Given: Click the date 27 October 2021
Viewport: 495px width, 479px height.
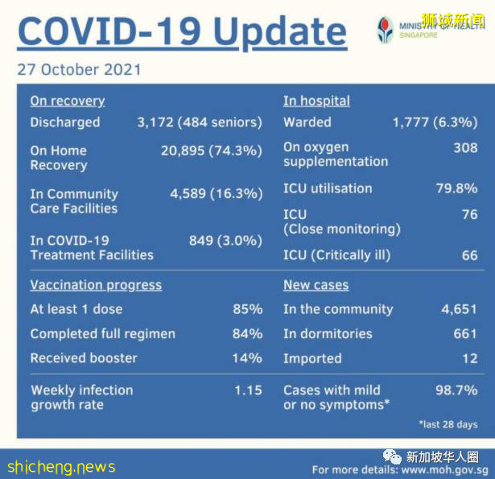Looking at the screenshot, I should [79, 69].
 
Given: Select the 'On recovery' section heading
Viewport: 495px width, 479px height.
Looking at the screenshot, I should [68, 101].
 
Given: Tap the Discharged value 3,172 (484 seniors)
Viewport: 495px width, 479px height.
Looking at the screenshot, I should [200, 122].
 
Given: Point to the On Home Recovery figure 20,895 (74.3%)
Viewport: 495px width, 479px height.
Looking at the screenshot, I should [212, 151].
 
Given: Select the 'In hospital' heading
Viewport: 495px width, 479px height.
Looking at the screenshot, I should [316, 101].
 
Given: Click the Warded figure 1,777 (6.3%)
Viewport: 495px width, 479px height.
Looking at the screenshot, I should [435, 122].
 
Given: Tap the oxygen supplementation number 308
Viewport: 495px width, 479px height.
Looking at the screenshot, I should [465, 147].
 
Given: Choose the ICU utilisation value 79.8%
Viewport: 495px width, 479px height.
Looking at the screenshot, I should [458, 188].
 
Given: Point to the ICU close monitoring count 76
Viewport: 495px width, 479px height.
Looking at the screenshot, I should [469, 214].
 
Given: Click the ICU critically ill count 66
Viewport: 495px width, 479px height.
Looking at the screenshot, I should [469, 255].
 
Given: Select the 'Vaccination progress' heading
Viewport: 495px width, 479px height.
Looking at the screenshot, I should [96, 285].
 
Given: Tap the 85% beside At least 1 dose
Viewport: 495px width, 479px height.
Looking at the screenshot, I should [247, 309].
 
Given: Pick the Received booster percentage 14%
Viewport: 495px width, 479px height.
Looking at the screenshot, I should [247, 357].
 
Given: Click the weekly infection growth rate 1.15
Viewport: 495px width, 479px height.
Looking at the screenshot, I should [248, 390].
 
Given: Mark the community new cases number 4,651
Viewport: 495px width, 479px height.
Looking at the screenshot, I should [459, 309].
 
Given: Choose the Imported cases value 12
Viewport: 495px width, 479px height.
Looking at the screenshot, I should [469, 358].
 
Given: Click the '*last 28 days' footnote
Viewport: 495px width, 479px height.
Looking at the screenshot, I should [448, 423].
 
